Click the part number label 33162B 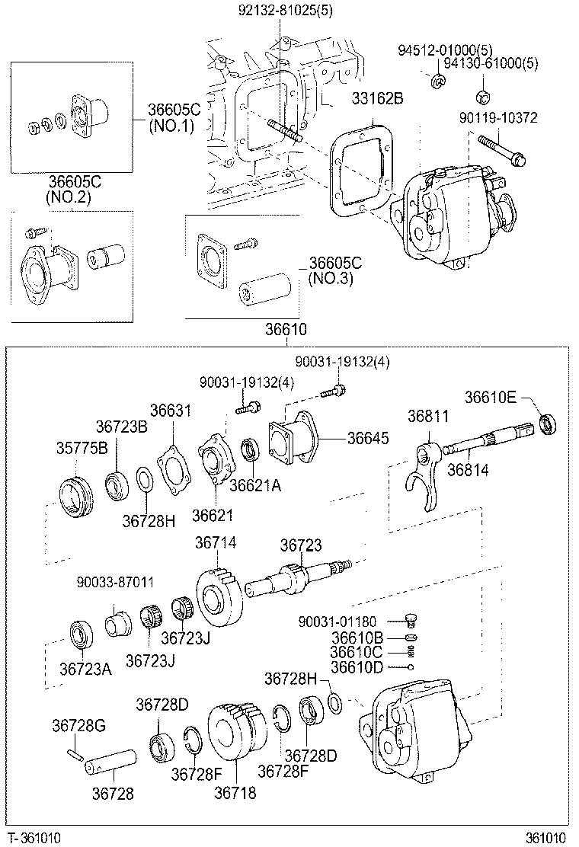[x=377, y=98]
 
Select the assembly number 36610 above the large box [x=286, y=330]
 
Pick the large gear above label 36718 [x=237, y=731]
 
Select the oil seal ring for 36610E [x=547, y=424]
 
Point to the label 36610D [x=357, y=667]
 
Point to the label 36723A [x=85, y=669]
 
